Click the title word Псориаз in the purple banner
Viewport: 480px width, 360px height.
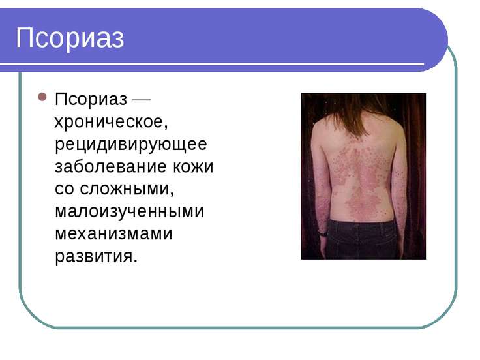click(70, 38)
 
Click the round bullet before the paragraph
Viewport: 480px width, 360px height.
click(42, 97)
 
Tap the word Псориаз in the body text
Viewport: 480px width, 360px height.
click(91, 100)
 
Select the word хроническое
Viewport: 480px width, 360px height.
click(111, 122)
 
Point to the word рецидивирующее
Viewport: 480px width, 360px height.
click(131, 145)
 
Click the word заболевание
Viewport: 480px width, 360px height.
click(111, 167)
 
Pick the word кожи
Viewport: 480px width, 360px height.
click(193, 167)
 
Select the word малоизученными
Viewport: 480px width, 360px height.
click(130, 211)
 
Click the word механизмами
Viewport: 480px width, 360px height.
click(114, 233)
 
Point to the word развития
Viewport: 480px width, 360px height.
click(96, 256)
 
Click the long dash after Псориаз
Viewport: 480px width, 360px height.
click(142, 100)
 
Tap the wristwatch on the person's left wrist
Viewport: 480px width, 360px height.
click(322, 233)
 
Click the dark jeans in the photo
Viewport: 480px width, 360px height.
click(361, 239)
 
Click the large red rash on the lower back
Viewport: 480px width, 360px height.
click(363, 202)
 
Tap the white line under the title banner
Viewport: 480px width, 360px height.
click(212, 65)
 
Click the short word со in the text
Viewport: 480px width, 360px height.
click(65, 190)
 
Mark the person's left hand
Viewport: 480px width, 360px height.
click(323, 248)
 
